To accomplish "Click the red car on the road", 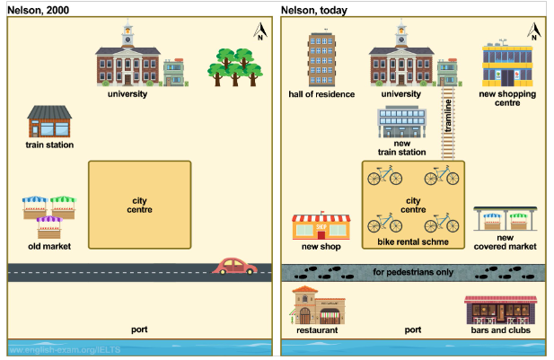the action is coord(234,266).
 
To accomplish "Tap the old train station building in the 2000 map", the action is coord(49,121).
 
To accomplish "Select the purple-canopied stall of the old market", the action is coord(49,227).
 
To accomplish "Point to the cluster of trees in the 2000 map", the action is coord(235,67).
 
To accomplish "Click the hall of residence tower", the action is coord(321,59).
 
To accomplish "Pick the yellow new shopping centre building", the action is coord(507,65).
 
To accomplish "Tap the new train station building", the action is coord(401,121).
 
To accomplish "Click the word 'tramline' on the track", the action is coord(448,116).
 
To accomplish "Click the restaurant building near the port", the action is coord(317,305).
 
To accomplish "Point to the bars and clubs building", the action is coord(501,311).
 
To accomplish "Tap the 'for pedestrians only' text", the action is coord(413,272).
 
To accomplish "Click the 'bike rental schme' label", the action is coord(413,242).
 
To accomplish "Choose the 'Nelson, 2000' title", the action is coord(38,10).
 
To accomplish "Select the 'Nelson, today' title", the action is coord(314,11).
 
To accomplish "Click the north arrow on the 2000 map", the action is coord(260,31).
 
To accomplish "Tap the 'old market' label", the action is coord(49,246).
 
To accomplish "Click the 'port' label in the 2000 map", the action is coord(139,329).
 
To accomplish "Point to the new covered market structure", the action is coord(506,219).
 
